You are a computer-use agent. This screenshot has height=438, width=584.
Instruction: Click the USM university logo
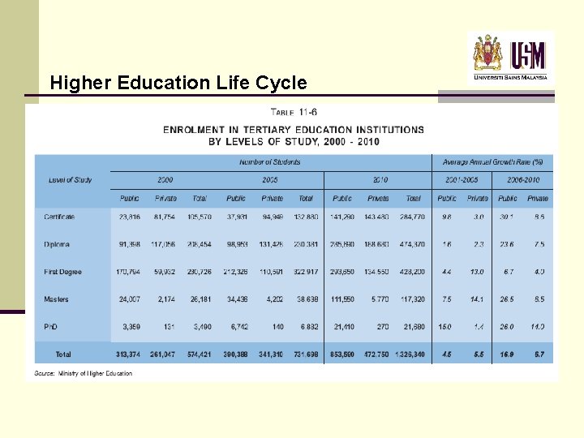point(510,55)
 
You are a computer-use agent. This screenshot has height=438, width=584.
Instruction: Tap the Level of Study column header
point(71,179)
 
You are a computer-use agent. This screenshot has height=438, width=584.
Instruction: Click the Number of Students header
point(269,162)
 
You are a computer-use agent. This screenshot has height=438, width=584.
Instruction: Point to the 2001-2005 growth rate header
point(462,179)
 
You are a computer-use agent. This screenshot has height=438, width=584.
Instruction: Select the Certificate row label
point(59,217)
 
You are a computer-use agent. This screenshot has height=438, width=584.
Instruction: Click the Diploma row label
point(57,244)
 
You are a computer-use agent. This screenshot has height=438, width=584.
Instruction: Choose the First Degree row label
point(62,272)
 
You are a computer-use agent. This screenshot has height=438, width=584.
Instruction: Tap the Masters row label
point(57,299)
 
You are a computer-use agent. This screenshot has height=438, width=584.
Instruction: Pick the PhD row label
point(51,327)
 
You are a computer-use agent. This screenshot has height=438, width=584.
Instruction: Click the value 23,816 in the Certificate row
point(130,217)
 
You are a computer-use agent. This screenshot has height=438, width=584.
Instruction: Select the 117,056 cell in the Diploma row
point(165,244)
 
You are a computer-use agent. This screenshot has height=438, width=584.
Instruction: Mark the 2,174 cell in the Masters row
point(165,299)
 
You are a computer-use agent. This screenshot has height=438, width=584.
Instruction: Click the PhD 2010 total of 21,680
point(413,327)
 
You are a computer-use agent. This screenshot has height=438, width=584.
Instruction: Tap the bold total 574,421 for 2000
point(200,354)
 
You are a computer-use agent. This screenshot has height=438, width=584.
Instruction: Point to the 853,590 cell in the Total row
point(342,354)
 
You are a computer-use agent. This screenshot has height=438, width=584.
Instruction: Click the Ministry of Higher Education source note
point(84,374)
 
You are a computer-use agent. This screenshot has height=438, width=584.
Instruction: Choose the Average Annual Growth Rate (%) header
point(492,162)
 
